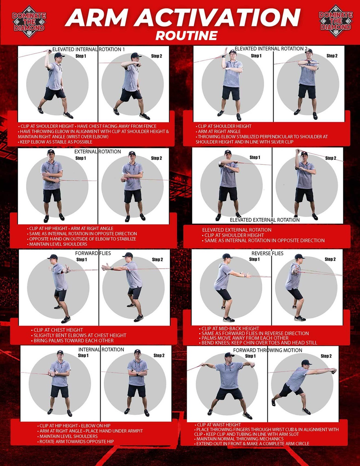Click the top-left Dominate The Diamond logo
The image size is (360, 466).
29,22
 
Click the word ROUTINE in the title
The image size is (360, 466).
186,36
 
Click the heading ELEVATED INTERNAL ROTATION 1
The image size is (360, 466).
89,49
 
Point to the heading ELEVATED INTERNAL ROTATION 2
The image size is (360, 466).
271,49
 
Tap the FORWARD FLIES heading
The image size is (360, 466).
93,253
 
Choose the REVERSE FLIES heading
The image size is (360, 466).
267,253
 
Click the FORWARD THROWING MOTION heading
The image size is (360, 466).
267,350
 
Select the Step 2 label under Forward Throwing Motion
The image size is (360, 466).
326,356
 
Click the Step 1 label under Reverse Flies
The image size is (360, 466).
254,259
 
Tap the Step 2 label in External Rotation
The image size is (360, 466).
157,158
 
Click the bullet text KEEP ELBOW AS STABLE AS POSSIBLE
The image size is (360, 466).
56,142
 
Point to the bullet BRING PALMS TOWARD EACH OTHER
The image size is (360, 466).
73,340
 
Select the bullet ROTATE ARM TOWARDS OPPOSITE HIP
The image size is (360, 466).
77,441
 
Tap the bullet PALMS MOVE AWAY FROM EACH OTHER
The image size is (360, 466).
245,338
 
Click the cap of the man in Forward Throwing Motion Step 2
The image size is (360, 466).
307,362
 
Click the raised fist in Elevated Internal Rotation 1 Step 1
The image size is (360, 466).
50,51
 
